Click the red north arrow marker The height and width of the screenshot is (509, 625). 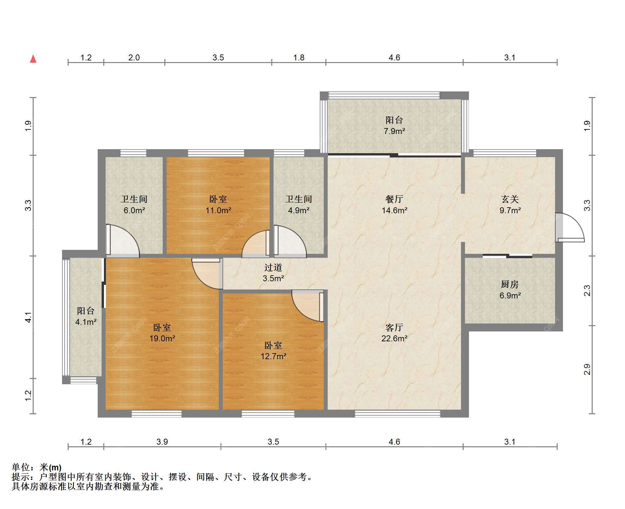click(x=33, y=59)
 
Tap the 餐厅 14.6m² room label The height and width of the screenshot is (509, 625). click(x=394, y=205)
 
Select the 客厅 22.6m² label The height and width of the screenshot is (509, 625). click(x=394, y=333)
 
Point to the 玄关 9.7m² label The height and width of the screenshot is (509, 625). click(x=510, y=205)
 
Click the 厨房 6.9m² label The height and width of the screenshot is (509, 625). click(x=510, y=290)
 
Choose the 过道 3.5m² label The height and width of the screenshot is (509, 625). click(x=273, y=273)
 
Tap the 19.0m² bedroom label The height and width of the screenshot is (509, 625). click(x=162, y=333)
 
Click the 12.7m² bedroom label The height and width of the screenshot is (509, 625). click(x=273, y=351)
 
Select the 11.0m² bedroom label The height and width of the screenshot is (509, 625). click(x=218, y=205)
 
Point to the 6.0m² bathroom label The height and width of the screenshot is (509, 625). click(x=134, y=205)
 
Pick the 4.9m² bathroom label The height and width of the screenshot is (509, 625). click(x=299, y=205)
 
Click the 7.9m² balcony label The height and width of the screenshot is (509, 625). click(x=394, y=125)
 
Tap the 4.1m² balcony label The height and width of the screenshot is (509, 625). click(x=86, y=316)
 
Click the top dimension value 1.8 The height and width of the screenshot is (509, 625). click(x=299, y=58)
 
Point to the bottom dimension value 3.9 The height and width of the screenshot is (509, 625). click(x=162, y=442)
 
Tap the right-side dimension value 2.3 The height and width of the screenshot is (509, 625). click(x=587, y=290)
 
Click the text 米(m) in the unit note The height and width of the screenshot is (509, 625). click(x=50, y=467)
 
